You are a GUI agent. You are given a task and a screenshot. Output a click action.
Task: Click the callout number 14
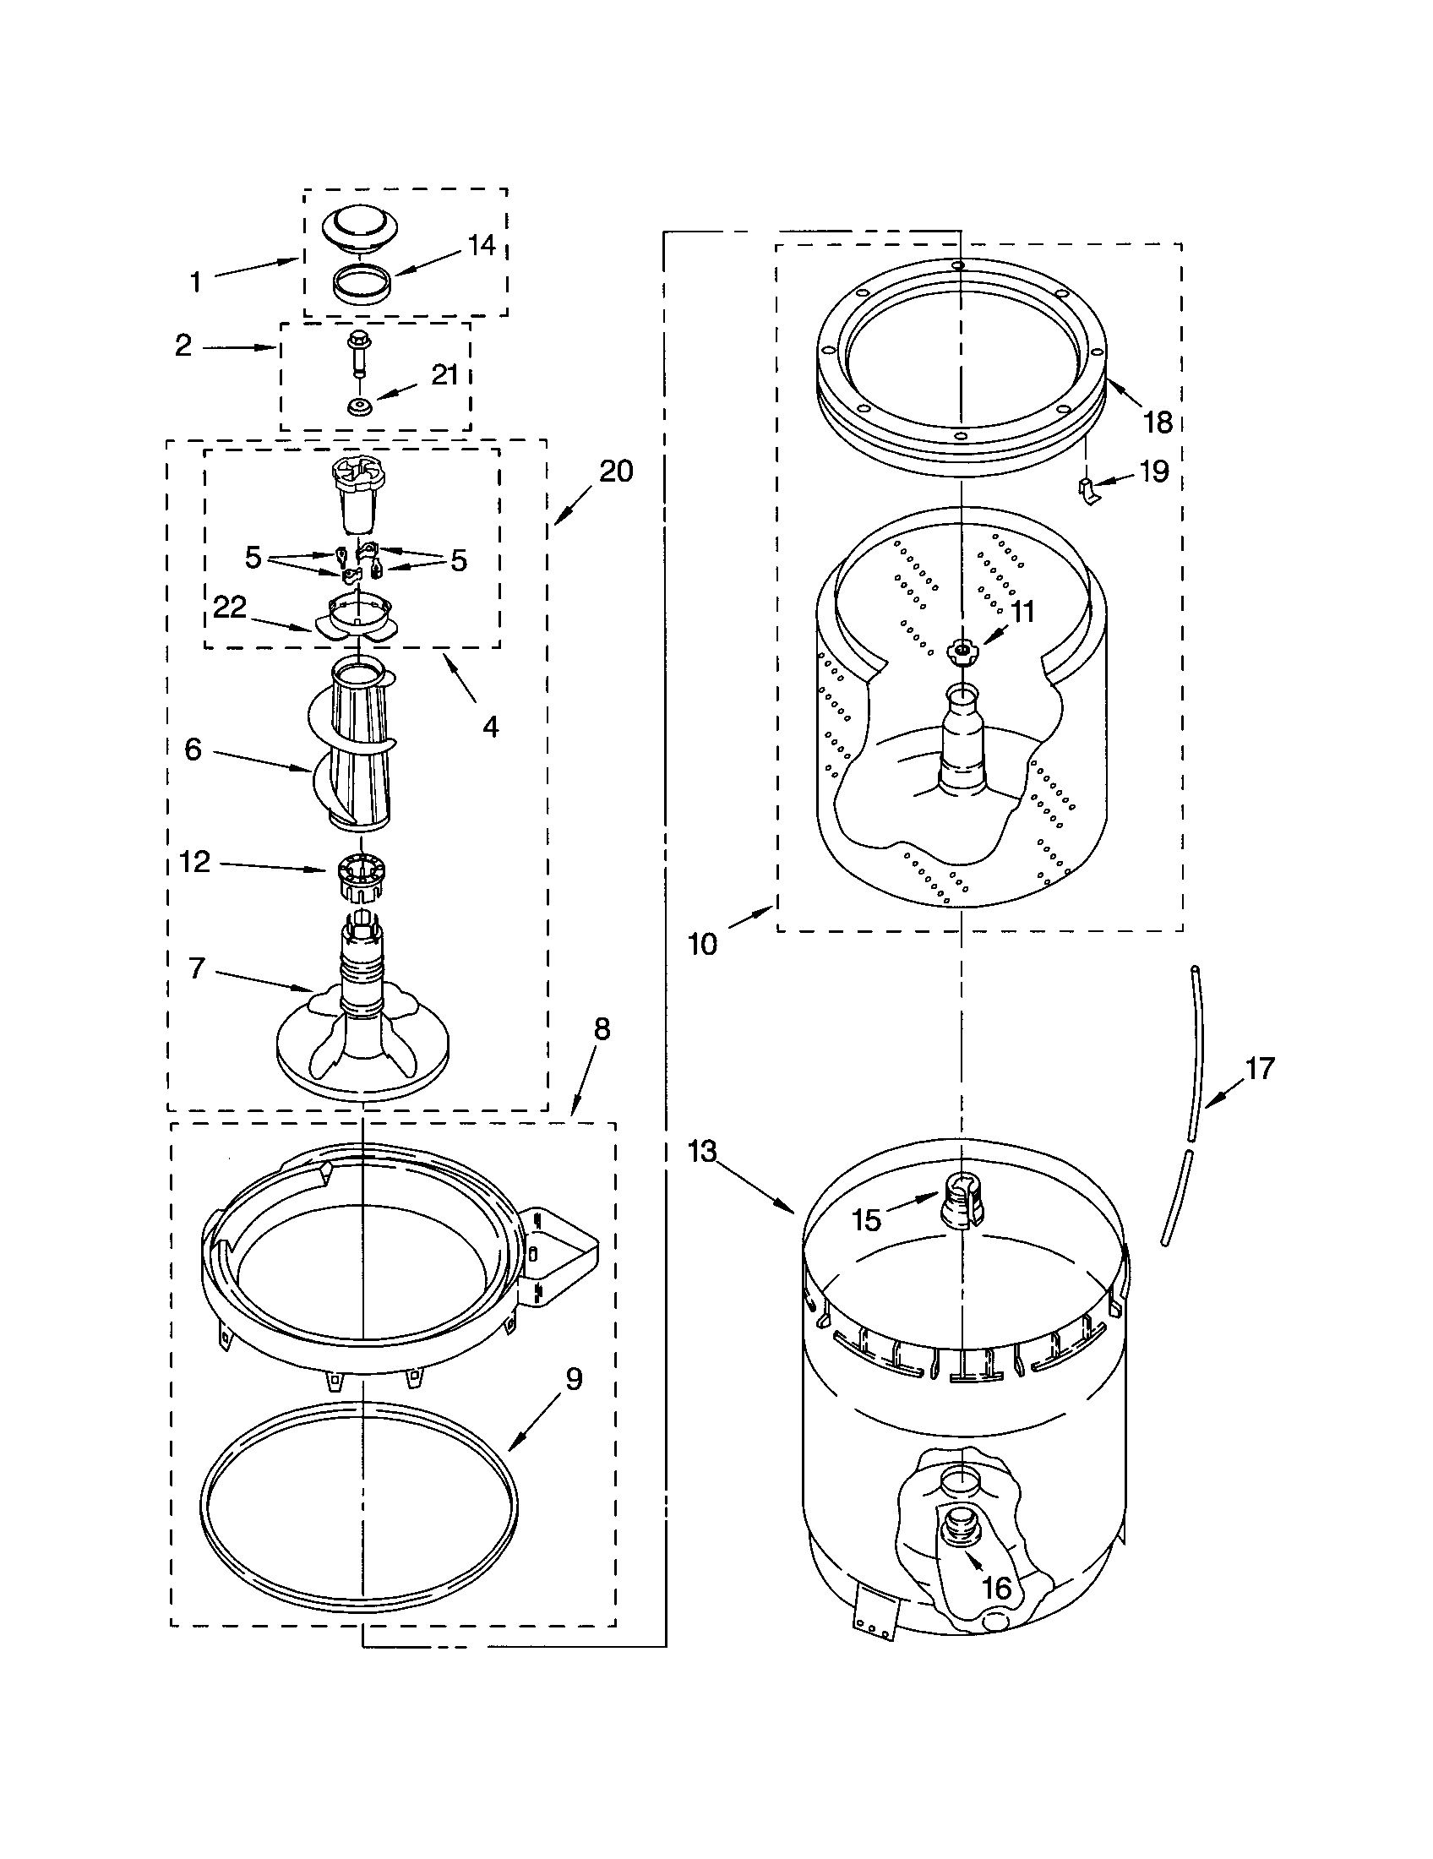click(x=482, y=245)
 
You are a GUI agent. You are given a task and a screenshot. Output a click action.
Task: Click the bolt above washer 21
click(x=357, y=352)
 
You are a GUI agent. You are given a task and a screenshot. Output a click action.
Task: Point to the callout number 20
click(x=616, y=471)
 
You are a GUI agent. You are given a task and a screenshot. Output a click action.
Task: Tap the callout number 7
click(x=197, y=968)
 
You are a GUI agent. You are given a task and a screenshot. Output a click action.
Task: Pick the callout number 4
click(x=490, y=726)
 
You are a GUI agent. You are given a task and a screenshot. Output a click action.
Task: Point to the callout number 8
click(x=602, y=1029)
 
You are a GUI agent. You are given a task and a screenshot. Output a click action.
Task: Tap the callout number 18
click(x=1158, y=422)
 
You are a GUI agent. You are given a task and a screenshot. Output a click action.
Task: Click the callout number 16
click(x=996, y=1588)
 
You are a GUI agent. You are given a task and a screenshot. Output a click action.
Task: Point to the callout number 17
click(x=1260, y=1067)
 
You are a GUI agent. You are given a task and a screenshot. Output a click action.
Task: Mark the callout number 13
click(x=703, y=1153)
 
